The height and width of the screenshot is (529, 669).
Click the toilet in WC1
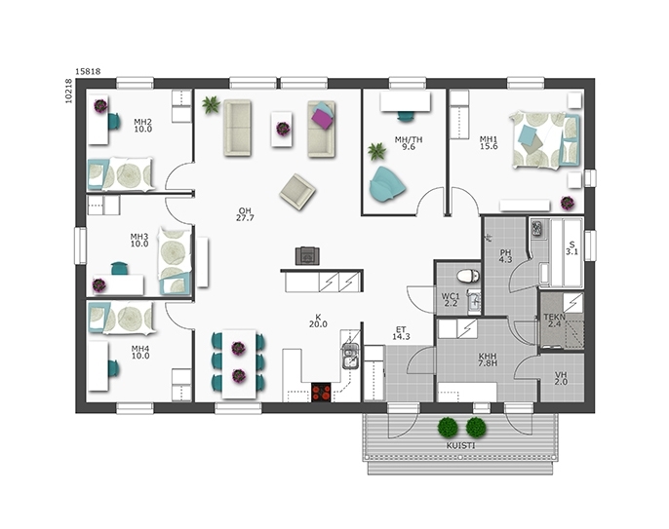click(x=468, y=276)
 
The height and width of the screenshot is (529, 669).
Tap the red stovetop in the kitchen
click(x=321, y=393)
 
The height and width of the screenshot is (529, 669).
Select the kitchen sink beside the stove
click(x=350, y=356)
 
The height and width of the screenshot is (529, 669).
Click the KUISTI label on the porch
click(x=460, y=446)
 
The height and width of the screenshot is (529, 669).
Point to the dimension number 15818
click(x=88, y=72)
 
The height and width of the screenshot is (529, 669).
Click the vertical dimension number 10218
click(x=68, y=91)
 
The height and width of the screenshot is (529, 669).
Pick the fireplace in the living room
click(x=307, y=256)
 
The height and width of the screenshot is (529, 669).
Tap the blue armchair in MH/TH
click(x=386, y=184)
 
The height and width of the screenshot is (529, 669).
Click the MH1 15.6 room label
click(x=489, y=143)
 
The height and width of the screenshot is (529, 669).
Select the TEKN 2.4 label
click(x=554, y=321)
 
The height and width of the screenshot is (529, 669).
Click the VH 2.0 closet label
click(x=561, y=379)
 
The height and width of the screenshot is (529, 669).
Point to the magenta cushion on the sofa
click(x=322, y=117)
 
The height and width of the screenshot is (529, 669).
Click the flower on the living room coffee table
click(x=283, y=129)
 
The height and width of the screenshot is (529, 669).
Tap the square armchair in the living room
click(x=297, y=192)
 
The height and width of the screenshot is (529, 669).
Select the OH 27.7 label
click(x=245, y=214)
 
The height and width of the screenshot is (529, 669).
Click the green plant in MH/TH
click(x=376, y=151)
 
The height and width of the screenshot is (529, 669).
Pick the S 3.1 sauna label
click(x=571, y=248)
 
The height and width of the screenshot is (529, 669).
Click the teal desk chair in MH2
click(x=113, y=122)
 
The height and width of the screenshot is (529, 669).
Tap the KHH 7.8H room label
click(x=488, y=359)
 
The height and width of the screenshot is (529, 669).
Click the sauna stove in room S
click(x=536, y=228)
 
